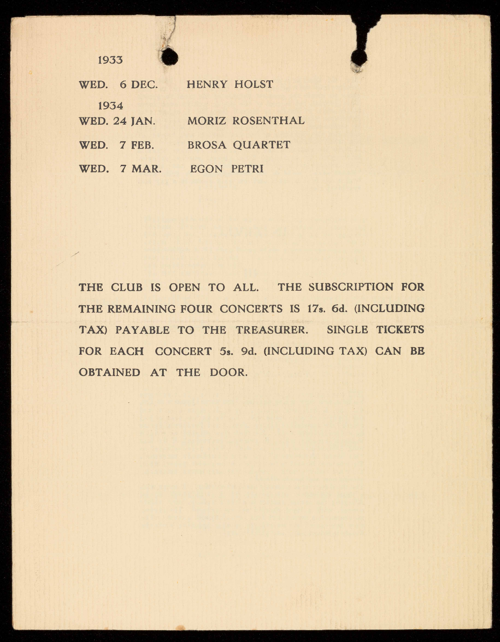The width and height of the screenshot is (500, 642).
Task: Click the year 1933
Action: click(x=110, y=60)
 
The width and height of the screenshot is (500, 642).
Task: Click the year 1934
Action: click(x=110, y=106)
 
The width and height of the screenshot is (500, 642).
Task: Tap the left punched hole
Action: click(x=169, y=56)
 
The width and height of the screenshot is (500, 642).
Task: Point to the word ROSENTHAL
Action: click(x=268, y=121)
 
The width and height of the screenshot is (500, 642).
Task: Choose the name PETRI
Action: click(x=247, y=169)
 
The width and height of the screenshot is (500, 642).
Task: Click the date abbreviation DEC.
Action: click(x=144, y=85)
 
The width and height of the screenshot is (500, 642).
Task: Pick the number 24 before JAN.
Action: click(x=120, y=121)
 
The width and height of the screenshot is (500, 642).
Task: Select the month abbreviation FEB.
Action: click(x=142, y=145)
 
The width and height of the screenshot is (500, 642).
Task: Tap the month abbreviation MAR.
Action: click(x=146, y=169)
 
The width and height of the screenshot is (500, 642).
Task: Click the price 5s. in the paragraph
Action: click(x=227, y=351)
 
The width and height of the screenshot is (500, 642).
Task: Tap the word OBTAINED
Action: click(x=109, y=372)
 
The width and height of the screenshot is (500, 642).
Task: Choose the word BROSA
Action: click(x=207, y=145)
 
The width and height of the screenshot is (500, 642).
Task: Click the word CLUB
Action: click(x=126, y=287)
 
